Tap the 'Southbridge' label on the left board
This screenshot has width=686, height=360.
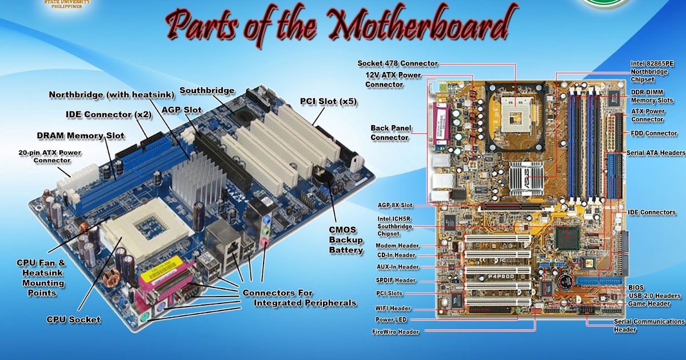pyautogui.click(x=207, y=91)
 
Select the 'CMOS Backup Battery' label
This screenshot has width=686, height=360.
pyautogui.click(x=346, y=239)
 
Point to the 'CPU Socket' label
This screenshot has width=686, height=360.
pyautogui.click(x=74, y=319)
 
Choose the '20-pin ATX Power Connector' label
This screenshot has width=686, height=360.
pyautogui.click(x=50, y=157)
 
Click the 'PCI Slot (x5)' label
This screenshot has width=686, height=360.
pyautogui.click(x=329, y=102)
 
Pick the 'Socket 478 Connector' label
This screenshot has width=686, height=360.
pyautogui.click(x=398, y=63)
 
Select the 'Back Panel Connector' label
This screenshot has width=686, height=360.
pyautogui.click(x=390, y=133)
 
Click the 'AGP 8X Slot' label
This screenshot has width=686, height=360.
pyautogui.click(x=395, y=205)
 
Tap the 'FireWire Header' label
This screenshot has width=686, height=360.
pyautogui.click(x=396, y=331)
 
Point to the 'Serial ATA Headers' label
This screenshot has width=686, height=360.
pyautogui.click(x=656, y=153)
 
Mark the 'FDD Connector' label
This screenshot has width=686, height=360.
pyautogui.click(x=653, y=133)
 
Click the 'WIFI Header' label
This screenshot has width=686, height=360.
pyautogui.click(x=393, y=309)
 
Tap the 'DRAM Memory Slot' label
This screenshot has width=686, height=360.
pyautogui.click(x=81, y=135)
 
